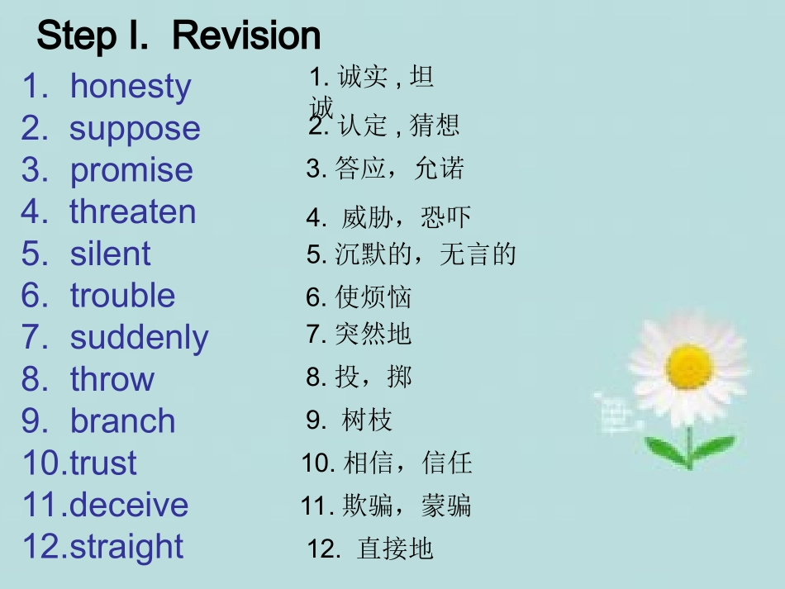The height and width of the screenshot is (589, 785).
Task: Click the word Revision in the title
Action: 247,36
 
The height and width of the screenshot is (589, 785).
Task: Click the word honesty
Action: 131,87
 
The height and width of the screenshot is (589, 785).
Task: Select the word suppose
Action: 135,129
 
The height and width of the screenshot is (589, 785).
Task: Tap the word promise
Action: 131,170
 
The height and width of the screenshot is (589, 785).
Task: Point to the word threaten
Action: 133,211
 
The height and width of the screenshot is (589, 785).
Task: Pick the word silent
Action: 111,254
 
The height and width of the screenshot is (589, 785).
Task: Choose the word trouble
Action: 123,295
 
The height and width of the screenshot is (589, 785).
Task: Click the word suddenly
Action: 139,338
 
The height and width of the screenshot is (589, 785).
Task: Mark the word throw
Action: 112,379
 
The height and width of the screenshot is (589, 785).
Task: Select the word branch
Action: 123,421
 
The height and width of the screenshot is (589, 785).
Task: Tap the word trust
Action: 103,463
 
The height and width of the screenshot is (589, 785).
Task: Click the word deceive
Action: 129,505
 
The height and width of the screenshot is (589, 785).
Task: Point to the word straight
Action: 126,547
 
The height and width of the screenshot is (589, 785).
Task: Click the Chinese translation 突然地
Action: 373,334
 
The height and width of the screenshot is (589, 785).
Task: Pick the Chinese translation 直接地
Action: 395,549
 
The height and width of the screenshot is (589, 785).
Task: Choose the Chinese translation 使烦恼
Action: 373,297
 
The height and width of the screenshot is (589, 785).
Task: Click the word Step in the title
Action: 78,36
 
